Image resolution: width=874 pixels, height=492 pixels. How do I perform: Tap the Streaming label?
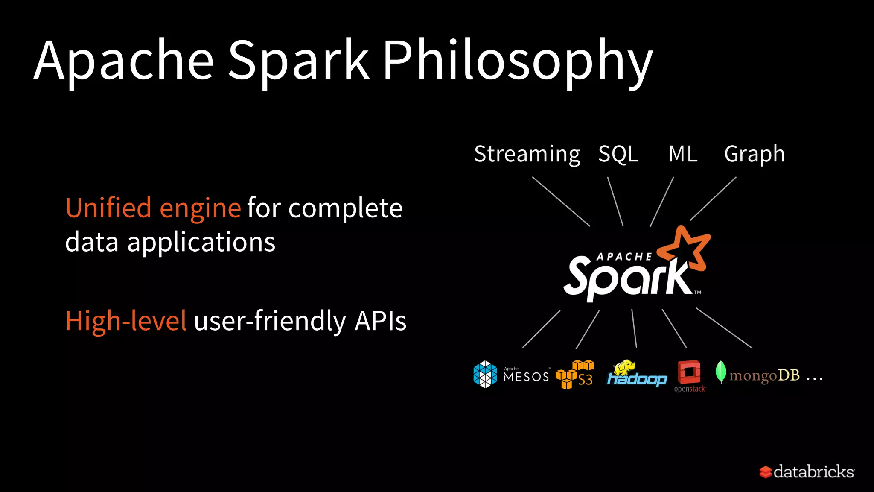pyautogui.click(x=527, y=154)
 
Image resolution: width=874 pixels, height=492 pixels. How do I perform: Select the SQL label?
pyautogui.click(x=618, y=154)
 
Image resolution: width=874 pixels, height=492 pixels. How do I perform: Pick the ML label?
pyautogui.click(x=683, y=154)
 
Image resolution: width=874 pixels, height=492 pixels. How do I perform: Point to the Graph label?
pyautogui.click(x=754, y=154)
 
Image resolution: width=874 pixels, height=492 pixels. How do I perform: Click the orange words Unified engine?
pyautogui.click(x=153, y=209)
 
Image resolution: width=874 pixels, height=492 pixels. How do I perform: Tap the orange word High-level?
pyautogui.click(x=126, y=321)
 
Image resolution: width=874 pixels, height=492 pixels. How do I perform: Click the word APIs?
pyautogui.click(x=380, y=321)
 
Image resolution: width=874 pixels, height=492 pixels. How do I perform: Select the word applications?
pyautogui.click(x=201, y=243)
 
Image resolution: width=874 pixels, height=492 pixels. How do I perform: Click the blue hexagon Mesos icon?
pyautogui.click(x=485, y=374)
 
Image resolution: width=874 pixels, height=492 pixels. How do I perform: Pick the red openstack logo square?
pyautogui.click(x=689, y=372)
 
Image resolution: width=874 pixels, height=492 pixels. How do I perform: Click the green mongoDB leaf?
pyautogui.click(x=721, y=371)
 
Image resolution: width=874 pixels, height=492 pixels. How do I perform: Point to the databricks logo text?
pyautogui.click(x=813, y=472)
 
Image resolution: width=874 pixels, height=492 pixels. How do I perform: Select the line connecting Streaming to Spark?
pyautogui.click(x=561, y=201)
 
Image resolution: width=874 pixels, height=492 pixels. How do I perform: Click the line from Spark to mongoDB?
pyautogui.click(x=724, y=328)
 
